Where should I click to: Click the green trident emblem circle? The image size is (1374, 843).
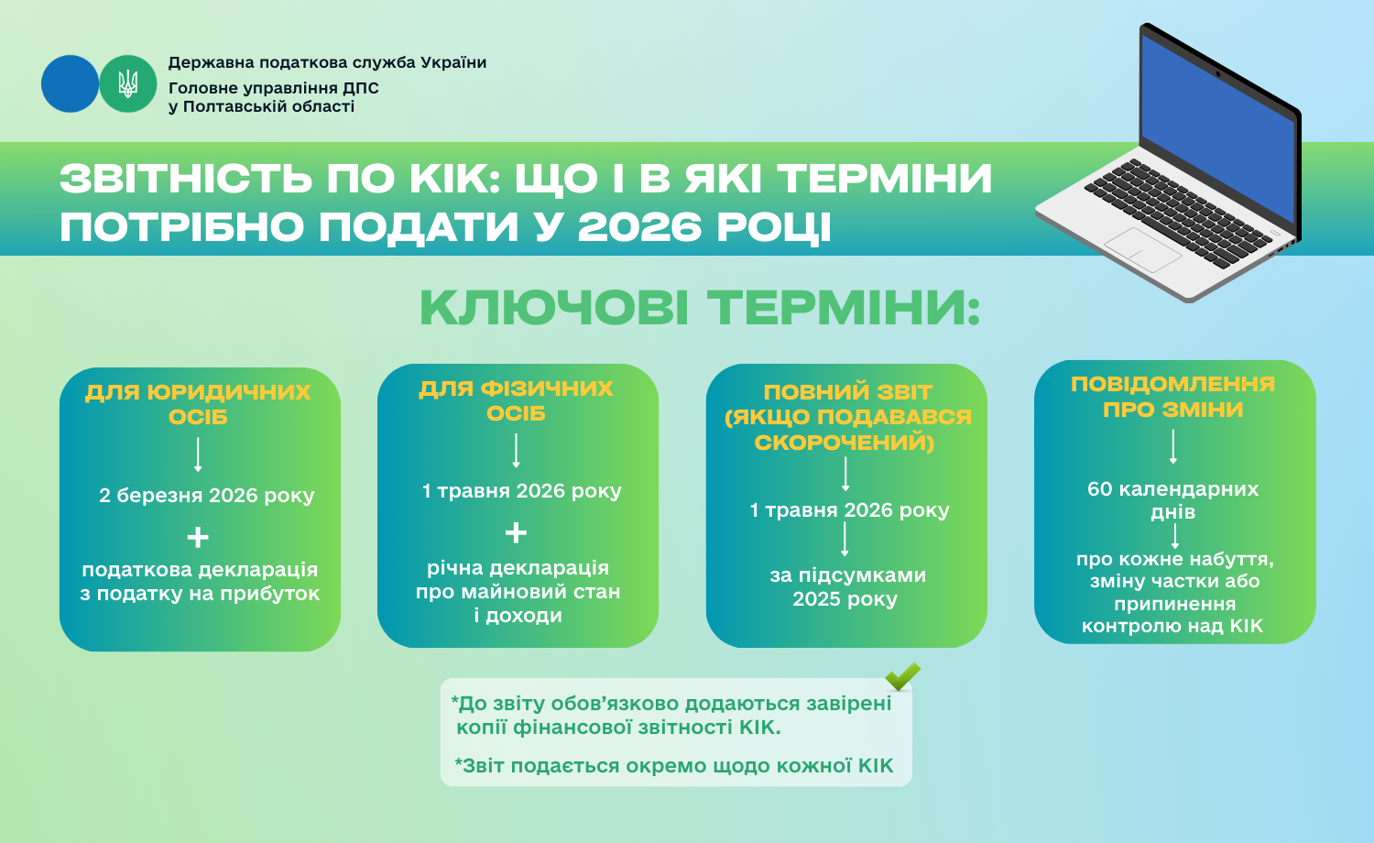pos(127,84)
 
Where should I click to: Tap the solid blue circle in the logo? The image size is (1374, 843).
pos(70,84)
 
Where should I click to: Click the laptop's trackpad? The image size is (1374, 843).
pos(1143,250)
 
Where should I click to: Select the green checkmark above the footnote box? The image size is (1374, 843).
pos(902,676)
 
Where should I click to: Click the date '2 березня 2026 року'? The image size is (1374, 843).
pos(207,495)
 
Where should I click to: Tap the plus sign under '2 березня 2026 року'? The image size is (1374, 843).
pos(198,538)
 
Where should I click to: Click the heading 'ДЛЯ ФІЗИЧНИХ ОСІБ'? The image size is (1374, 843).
pos(516,400)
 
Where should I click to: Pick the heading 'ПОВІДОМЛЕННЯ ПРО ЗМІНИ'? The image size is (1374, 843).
pos(1172,397)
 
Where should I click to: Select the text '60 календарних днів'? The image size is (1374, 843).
pos(1172,500)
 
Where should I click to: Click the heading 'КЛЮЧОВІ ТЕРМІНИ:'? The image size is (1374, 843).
pos(700,308)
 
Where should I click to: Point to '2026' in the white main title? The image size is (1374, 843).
pos(639,226)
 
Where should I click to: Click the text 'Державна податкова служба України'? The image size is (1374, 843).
pos(327,62)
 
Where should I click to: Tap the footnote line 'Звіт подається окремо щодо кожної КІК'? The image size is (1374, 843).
pos(673,766)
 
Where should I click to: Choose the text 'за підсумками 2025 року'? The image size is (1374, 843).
pos(847,587)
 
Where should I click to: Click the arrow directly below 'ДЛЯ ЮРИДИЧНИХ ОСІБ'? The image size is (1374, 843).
pos(198,454)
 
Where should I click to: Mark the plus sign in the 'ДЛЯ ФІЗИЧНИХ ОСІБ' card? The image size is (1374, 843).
pos(516,532)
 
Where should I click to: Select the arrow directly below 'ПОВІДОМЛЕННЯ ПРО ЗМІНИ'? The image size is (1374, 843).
pos(1172,446)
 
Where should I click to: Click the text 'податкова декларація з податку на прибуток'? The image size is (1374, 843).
pos(200,582)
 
